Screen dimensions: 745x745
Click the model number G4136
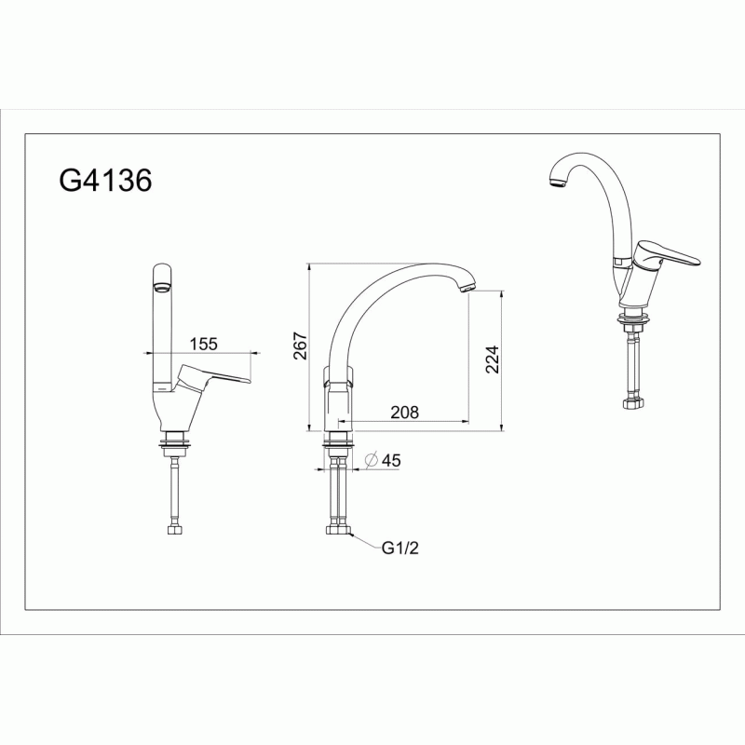(x=105, y=181)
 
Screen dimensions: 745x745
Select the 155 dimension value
(x=203, y=344)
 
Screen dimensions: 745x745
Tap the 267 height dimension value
(x=300, y=345)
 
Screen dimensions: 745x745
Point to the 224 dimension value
(x=493, y=359)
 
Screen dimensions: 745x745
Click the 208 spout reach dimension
(x=405, y=412)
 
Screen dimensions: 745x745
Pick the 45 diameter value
(x=391, y=460)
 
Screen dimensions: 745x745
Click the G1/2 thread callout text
(x=400, y=548)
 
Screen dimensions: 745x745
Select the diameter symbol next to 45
(x=371, y=460)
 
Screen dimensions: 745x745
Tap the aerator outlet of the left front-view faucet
(x=161, y=287)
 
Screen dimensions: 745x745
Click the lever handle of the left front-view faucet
(x=213, y=377)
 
